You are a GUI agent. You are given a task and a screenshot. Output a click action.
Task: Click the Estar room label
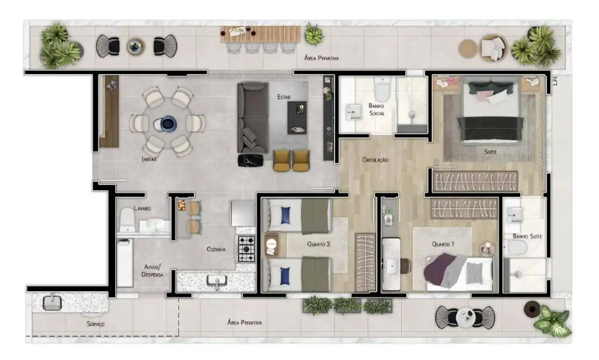coord(284,97)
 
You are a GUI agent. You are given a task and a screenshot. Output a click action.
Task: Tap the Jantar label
coord(149,159)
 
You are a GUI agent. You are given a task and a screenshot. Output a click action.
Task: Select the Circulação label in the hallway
coord(375,160)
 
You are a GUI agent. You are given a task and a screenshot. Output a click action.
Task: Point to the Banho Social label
coord(377,110)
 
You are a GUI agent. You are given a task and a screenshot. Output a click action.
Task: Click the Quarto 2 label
coord(319,244)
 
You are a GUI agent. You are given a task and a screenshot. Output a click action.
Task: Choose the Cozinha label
coord(216,249)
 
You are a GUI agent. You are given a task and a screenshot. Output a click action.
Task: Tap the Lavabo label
coord(142,208)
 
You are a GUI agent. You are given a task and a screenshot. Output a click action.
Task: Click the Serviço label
coord(95,324)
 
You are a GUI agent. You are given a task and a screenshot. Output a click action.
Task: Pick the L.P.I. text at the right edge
coord(555,81)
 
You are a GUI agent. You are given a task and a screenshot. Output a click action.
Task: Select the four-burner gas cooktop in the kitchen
coord(246,249)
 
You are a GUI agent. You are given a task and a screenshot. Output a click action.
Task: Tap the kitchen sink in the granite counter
coord(217,281)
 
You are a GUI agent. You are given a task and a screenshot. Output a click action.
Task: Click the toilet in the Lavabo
coord(127,220)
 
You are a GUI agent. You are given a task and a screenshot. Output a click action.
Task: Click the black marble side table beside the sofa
coord(250,161)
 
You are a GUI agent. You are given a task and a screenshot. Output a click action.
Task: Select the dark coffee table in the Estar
coord(297,118)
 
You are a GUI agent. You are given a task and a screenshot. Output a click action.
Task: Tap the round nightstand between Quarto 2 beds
coord(271,244)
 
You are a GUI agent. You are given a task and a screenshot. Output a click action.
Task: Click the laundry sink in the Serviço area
coord(52,302)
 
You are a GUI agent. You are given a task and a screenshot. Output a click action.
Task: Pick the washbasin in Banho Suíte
coord(514,215)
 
